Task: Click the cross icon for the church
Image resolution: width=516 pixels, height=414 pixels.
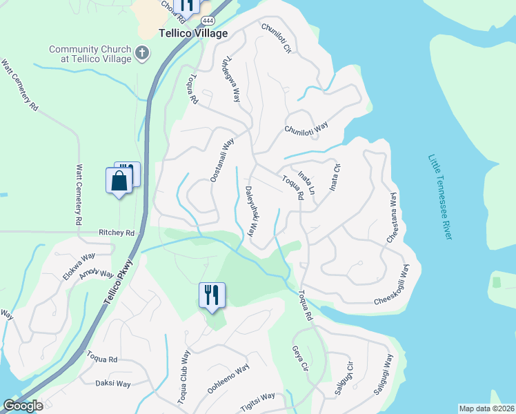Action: pos(142,52)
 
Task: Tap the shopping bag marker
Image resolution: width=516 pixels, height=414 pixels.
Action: pos(119,181)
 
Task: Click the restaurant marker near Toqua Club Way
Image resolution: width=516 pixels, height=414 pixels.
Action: pos(212,295)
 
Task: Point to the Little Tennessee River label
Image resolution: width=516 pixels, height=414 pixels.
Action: pos(439,197)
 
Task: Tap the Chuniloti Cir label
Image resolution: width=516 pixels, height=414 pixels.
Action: pos(277,39)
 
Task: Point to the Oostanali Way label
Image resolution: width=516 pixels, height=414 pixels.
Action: pos(222,159)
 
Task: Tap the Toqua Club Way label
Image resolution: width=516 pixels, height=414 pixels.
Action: pos(183,377)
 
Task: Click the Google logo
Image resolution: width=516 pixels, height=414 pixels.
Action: pos(23,406)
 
